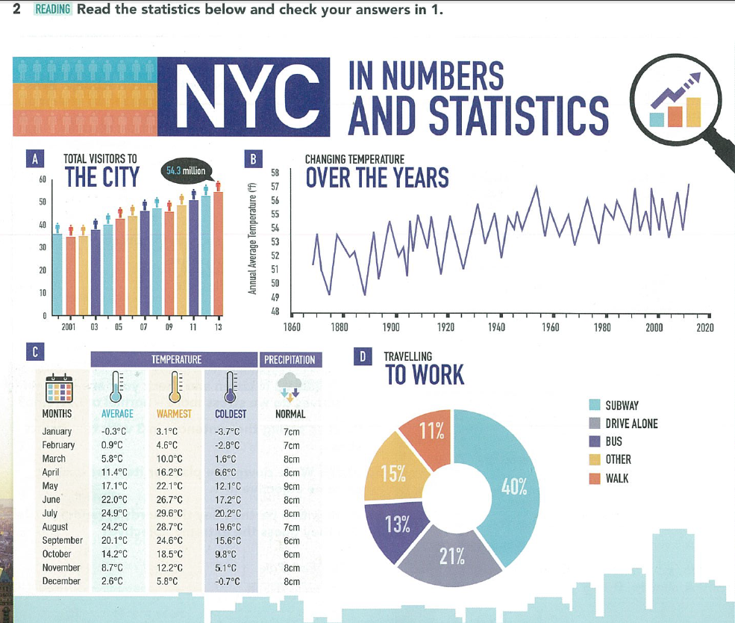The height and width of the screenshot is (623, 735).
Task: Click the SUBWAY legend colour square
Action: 595,405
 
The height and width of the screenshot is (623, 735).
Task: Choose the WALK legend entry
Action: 616,478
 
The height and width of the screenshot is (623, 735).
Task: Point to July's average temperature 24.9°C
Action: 114,513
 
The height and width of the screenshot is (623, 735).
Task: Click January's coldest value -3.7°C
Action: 225,431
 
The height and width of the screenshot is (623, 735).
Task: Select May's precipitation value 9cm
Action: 292,486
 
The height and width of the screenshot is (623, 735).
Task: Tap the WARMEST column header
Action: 174,413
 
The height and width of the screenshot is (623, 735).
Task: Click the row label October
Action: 57,554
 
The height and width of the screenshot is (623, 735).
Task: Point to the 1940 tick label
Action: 496,327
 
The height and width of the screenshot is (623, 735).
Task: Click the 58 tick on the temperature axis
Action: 275,172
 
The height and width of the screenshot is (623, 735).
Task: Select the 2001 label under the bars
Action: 66,326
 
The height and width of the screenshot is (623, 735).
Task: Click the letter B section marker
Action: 254,158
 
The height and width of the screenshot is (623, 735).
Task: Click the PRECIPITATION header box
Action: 290,360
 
